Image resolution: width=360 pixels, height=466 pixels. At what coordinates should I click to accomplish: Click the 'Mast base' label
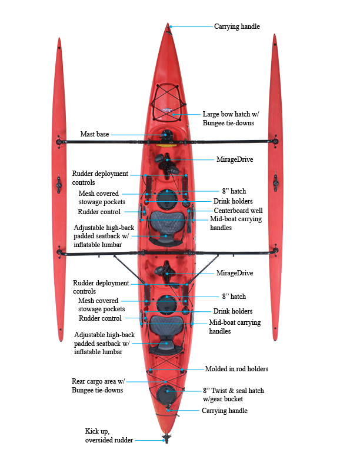[95, 135]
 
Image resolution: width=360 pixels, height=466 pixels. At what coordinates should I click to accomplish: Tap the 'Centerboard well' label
[238, 210]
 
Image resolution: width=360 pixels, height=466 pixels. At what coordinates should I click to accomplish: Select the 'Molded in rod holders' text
[236, 369]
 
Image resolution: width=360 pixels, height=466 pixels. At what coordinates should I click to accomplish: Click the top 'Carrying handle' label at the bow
[236, 26]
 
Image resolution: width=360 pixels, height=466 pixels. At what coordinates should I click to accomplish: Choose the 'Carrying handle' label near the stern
[225, 411]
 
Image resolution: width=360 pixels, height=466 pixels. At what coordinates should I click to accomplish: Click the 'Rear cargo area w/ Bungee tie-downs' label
[98, 385]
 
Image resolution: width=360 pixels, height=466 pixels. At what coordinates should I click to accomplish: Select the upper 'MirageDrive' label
[236, 159]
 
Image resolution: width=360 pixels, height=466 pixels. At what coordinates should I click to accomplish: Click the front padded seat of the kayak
[166, 227]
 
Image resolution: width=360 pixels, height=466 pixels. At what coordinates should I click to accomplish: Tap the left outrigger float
[59, 188]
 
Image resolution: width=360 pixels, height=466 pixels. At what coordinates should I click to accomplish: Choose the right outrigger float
[275, 188]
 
